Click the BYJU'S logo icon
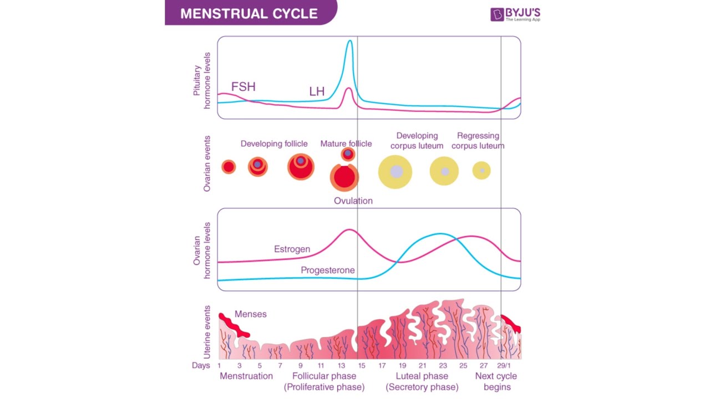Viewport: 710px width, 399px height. pos(497,14)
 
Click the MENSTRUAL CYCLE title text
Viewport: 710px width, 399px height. pos(249,13)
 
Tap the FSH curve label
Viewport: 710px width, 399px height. pos(243,87)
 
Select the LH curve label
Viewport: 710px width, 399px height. pos(317,91)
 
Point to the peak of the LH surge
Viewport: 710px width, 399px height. pos(349,41)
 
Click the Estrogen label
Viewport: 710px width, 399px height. pos(292,249)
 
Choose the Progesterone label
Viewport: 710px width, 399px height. pos(328,270)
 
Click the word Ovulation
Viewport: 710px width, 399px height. pos(353,201)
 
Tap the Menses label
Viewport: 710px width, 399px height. pos(250,314)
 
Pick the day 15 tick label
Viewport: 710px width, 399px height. pos(362,366)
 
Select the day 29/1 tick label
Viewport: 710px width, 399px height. pos(504,366)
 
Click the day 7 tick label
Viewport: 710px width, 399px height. pos(280,366)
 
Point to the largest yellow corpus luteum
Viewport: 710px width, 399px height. pos(395,172)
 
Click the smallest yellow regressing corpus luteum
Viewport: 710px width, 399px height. pos(481,171)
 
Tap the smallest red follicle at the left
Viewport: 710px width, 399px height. pos(229,167)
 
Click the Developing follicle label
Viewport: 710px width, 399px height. pos(274,144)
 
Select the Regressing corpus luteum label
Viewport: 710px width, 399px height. pos(478,141)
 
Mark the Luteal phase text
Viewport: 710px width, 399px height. pos(422,376)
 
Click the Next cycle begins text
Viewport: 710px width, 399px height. pos(496,381)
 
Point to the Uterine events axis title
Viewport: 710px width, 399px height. pos(207,331)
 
